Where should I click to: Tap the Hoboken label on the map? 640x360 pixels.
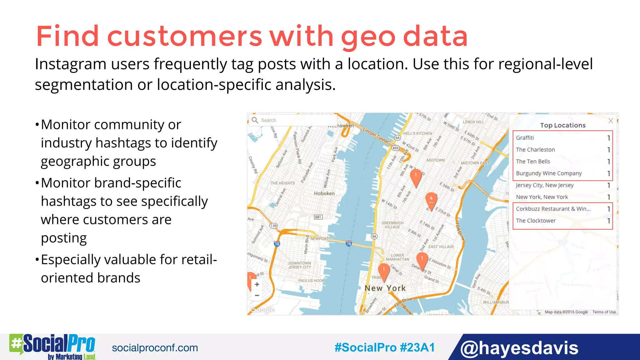[x=324, y=193]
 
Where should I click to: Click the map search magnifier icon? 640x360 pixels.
[x=255, y=120]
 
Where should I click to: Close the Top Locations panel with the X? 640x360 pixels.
[x=611, y=121]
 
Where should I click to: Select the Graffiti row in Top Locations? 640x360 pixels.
[x=525, y=138]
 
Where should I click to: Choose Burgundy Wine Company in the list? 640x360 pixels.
[x=549, y=173]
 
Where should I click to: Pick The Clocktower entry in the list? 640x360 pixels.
[x=536, y=221]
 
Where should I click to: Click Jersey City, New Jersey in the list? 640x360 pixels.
[x=545, y=185]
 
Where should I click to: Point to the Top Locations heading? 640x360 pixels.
[x=563, y=125]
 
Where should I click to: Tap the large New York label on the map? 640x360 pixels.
[x=385, y=288]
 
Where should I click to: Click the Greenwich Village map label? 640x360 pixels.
[x=392, y=225]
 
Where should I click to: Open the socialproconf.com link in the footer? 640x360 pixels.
[x=155, y=348]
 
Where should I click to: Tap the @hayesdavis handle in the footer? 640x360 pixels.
[x=519, y=348]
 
